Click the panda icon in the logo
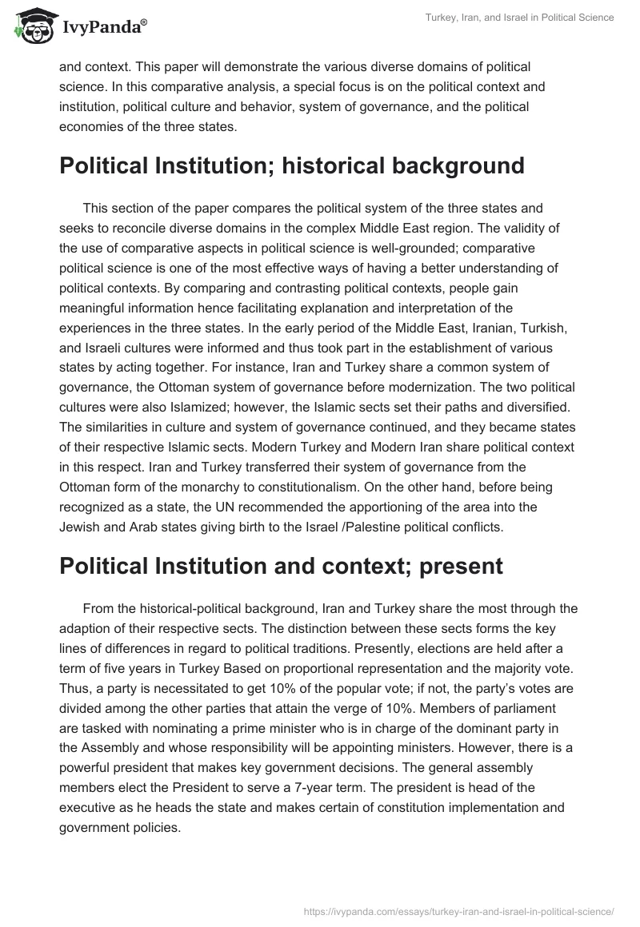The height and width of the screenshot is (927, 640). coord(30,26)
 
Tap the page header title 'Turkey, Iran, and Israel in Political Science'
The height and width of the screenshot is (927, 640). coord(520,18)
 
